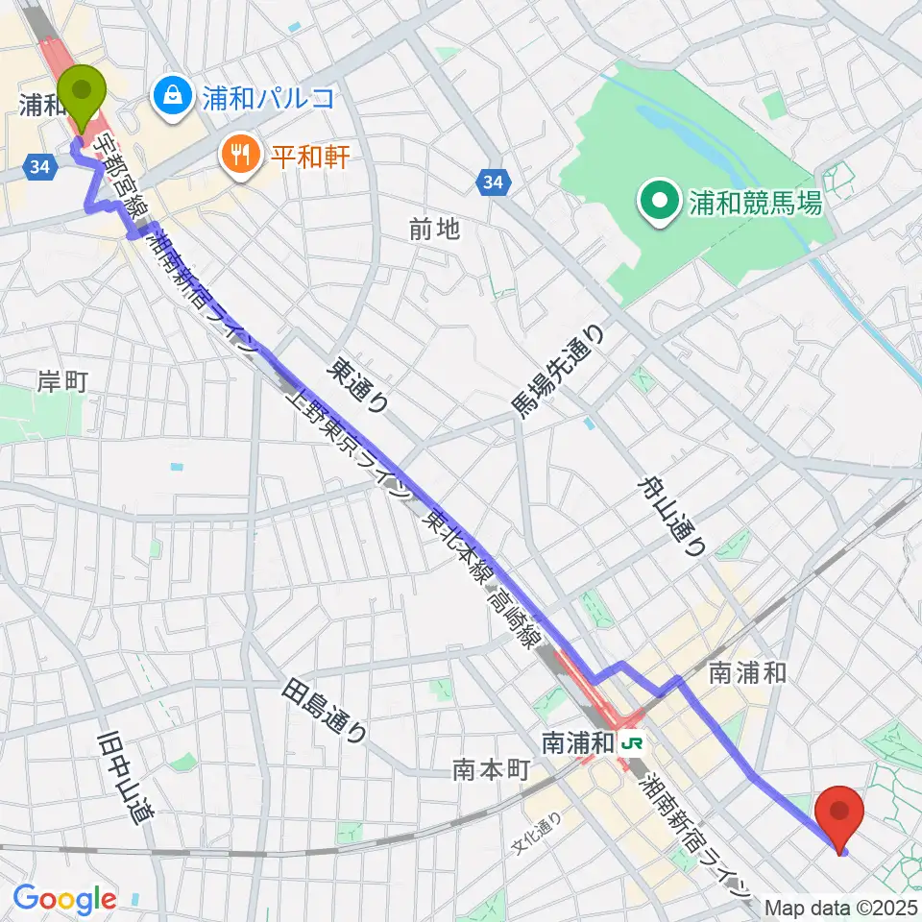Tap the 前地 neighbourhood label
click(x=434, y=229)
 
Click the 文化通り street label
click(x=536, y=835)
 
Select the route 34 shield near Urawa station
click(x=39, y=167)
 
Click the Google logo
click(x=64, y=899)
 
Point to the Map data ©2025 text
click(x=842, y=908)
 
